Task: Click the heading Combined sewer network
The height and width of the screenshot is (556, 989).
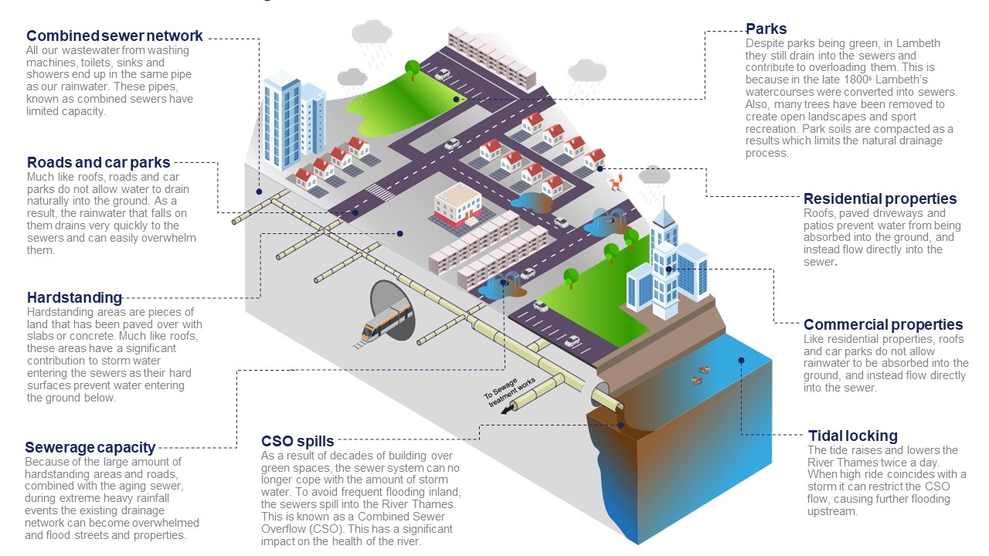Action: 114,36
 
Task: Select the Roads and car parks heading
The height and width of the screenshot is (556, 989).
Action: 98,162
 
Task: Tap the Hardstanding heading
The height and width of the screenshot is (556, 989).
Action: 74,297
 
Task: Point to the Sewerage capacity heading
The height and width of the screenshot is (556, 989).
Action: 90,447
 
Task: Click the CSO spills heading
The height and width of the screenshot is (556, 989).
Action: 297,442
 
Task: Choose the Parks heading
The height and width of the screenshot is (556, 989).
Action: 766,29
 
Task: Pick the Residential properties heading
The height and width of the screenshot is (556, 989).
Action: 880,198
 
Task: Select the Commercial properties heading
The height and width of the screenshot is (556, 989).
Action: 883,324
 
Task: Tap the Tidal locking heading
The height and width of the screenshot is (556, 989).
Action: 853,436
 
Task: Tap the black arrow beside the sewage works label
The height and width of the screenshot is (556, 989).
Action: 507,411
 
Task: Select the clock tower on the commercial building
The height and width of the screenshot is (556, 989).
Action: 663,224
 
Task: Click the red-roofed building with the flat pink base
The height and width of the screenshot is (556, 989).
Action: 457,205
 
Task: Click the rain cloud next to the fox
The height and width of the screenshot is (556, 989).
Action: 654,175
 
